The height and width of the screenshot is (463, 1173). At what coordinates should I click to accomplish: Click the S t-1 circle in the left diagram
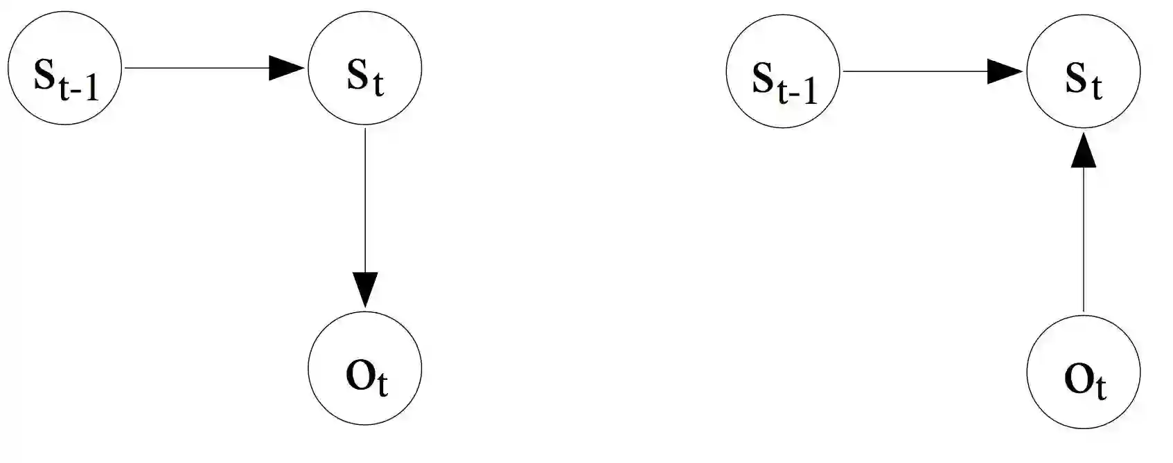pos(65,68)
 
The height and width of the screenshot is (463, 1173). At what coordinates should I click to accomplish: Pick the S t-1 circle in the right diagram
pos(783,71)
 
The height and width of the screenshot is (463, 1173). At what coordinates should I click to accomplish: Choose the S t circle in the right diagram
pos(1083,71)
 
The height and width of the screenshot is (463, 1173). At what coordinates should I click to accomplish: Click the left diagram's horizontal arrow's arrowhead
pos(286,69)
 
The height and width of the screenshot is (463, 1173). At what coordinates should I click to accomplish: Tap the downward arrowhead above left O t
pos(364,289)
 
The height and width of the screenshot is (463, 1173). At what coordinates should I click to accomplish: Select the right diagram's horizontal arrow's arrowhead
pos(1005,71)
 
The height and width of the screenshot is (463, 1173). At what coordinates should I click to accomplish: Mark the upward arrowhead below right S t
pos(1084,151)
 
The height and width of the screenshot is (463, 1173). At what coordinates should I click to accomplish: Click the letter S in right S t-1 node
pos(763,78)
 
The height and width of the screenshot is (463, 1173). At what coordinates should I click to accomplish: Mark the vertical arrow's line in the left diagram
pos(364,201)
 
